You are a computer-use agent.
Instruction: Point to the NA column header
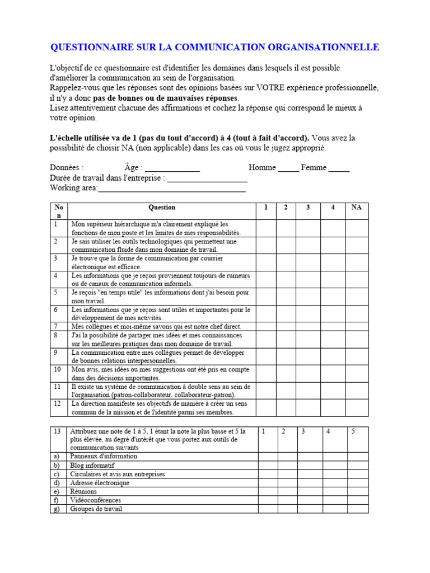[356, 208]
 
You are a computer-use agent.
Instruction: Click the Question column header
[161, 208]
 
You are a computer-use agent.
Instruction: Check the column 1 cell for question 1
[266, 228]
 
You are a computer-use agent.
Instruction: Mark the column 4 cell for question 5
[333, 297]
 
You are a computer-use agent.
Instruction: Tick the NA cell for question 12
[356, 408]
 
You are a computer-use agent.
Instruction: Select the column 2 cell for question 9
[286, 356]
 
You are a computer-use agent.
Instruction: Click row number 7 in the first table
[56, 326]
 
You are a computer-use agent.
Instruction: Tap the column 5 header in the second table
[353, 431]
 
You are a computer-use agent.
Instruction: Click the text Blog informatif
[92, 465]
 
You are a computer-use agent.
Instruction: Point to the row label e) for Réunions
[56, 491]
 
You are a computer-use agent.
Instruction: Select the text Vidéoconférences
[95, 500]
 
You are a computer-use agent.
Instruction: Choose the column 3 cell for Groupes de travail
[309, 509]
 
